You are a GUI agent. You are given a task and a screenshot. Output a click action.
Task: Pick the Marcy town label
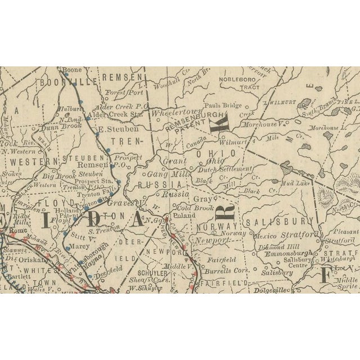[81, 245]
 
